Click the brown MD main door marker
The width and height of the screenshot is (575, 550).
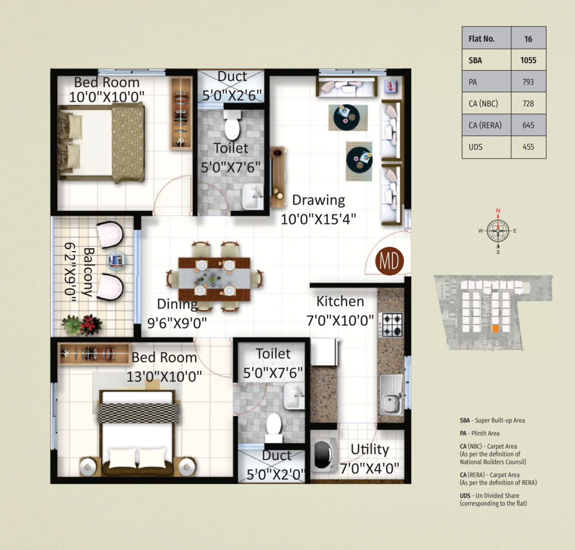point(389,261)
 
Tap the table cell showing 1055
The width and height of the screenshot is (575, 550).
point(528,60)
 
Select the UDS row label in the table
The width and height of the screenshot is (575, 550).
point(476,147)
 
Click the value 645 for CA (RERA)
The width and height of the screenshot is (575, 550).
point(528,125)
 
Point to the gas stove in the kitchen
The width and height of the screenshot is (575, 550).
point(391,325)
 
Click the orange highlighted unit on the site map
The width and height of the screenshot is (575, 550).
point(495,329)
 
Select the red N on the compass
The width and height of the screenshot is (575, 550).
point(498,211)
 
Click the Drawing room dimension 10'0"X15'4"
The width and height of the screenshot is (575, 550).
point(318,220)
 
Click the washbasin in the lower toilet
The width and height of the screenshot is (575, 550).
point(294,396)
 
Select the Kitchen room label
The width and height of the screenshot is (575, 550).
point(340,301)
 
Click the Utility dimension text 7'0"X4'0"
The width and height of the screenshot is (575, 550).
point(369,469)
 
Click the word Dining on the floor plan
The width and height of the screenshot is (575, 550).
point(177,304)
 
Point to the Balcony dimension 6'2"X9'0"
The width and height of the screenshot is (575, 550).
point(70,272)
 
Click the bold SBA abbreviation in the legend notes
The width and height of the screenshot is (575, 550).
point(464,420)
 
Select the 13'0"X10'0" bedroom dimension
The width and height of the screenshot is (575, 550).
point(164,376)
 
